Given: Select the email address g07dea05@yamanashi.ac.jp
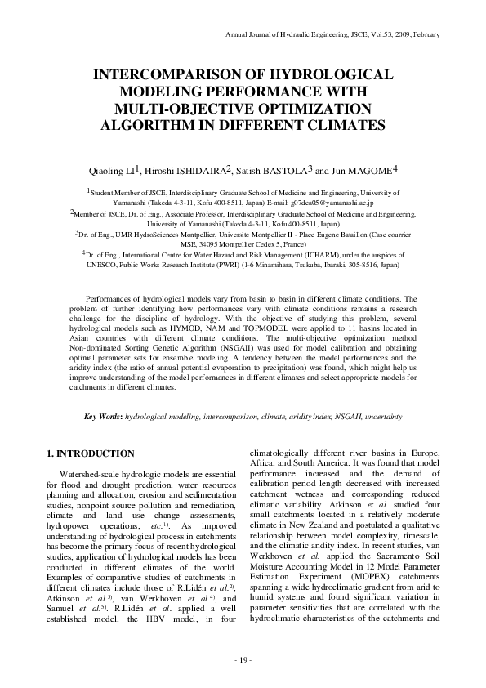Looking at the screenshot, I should [x=331, y=201].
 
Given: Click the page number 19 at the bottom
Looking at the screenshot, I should [x=243, y=660].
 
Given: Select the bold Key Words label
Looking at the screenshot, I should [x=103, y=417].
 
